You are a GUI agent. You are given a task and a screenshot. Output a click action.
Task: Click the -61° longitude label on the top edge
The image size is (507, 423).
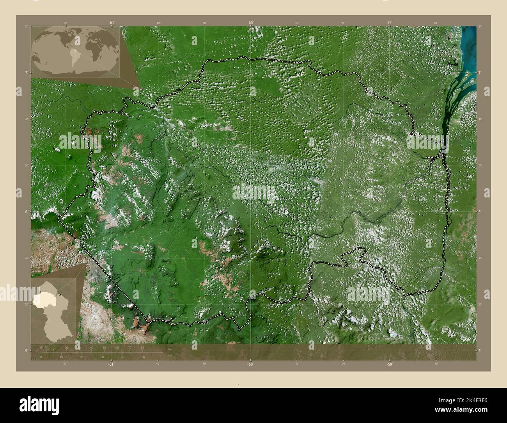tap(112, 23)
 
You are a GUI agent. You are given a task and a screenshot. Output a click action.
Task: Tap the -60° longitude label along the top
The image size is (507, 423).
tap(250, 23)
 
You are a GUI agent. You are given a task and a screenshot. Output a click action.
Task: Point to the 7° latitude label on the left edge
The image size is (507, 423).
tap(26, 73)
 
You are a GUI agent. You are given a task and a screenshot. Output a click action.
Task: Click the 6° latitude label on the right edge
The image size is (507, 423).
tap(480, 212)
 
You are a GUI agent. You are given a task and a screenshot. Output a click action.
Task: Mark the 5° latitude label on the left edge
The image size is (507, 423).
tap(26, 350)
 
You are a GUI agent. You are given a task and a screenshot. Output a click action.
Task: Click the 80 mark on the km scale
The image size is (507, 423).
tap(142, 347)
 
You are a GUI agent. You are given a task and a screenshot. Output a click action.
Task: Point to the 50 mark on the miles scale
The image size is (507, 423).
tap(143, 357)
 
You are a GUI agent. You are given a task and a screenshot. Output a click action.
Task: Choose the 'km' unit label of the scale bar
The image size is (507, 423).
tap(170, 349)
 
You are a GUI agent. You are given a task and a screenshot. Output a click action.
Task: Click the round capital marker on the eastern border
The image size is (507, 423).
tap(440, 155)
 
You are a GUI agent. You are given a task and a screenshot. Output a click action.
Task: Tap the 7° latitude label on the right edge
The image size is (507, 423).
tap(480, 73)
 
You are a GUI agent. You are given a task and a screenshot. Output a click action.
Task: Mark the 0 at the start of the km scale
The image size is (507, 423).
tap(41, 347)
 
